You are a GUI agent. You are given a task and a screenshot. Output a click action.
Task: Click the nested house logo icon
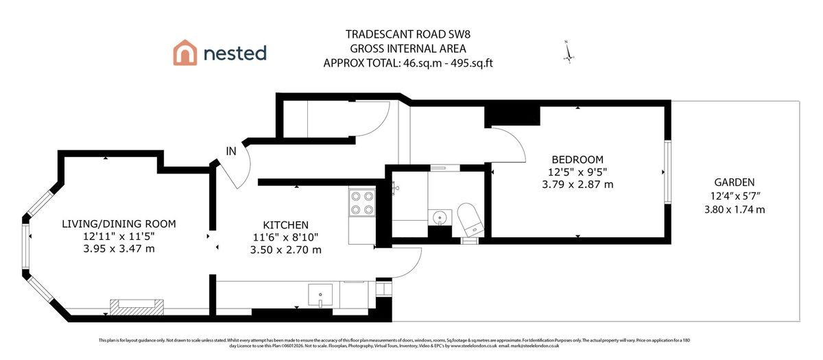coord(185,53)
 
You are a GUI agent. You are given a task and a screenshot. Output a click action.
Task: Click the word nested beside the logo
coord(234,53)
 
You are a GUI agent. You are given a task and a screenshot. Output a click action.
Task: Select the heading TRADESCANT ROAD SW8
coord(408,35)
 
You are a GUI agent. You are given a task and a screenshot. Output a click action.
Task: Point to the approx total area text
coord(408,63)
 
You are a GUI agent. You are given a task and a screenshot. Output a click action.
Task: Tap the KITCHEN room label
coord(285,225)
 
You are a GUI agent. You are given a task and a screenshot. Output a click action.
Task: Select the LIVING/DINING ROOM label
coord(119,224)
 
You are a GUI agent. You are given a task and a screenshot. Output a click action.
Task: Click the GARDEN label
coord(734,182)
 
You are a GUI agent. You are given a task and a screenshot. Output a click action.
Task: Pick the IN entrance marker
coord(231,152)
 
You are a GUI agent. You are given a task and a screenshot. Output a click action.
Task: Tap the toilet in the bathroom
coord(470,217)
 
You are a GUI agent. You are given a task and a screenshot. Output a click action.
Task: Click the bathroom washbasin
coord(438,218)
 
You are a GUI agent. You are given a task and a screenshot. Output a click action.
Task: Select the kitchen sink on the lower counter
coord(320,296)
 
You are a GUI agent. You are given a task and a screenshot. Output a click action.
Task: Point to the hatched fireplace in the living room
coord(137,307)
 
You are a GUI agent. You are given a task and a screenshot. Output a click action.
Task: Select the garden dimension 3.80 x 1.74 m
coord(734,208)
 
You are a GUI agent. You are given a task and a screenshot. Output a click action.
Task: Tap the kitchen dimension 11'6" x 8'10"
coord(285,237)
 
